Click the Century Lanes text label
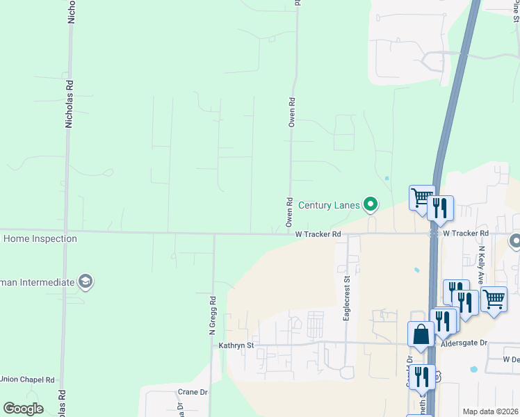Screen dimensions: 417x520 coord(329,205)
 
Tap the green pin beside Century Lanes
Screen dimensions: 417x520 coord(371,204)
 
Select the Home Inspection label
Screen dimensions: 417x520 coord(40,239)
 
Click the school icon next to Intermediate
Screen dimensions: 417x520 coord(86,281)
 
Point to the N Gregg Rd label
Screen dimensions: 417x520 coord(214,316)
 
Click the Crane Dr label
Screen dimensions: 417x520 coord(193,392)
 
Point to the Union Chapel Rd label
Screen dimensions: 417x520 coord(27,379)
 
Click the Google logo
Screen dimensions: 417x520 coord(23,409)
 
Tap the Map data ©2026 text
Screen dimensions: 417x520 coord(491,411)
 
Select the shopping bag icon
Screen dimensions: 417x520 coord(421,334)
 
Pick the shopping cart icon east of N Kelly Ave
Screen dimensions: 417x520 coord(494,299)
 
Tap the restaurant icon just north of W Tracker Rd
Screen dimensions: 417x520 coord(440,207)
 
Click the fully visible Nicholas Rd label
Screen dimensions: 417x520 coord(70,102)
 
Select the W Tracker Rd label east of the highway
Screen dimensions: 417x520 coord(466,234)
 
